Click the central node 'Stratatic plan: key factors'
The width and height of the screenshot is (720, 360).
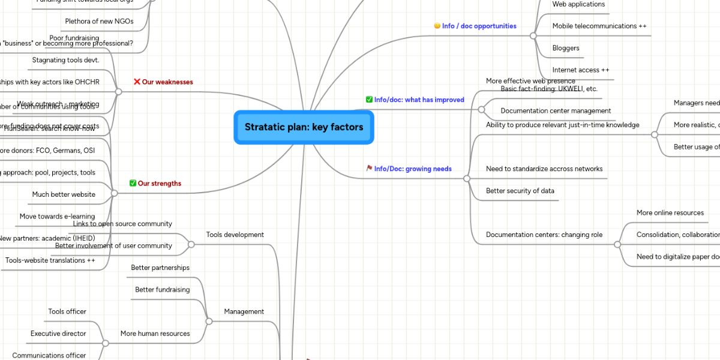tap(304, 127)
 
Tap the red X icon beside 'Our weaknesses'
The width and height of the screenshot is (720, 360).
tap(137, 82)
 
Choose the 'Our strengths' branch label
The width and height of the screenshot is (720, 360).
tap(160, 184)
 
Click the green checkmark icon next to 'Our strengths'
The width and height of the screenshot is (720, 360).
tap(133, 183)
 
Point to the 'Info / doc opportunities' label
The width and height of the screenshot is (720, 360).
tap(479, 26)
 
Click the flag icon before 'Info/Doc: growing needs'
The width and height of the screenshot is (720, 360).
tap(370, 169)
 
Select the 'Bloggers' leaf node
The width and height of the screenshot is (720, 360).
tap(566, 48)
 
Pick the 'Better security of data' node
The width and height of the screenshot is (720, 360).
tap(520, 191)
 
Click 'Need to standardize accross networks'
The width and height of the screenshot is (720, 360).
tap(544, 169)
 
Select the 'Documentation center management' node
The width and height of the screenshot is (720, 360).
tap(556, 111)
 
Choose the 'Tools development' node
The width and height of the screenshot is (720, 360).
tap(235, 235)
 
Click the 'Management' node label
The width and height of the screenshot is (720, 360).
tap(244, 311)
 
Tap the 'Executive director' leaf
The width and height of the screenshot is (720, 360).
tap(58, 334)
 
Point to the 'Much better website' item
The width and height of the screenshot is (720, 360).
tap(64, 194)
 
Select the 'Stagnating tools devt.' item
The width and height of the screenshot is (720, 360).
tap(65, 60)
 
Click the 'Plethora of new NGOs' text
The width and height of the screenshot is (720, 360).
tap(99, 22)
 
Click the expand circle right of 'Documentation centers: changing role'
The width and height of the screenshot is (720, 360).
tap(617, 245)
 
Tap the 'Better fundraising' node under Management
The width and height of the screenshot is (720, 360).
tap(163, 290)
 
